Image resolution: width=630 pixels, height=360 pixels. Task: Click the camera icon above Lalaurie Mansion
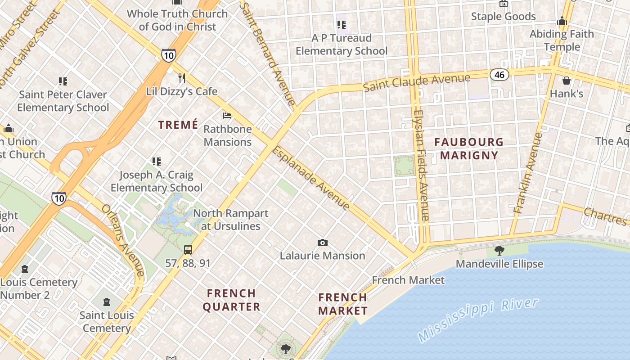[x=322, y=243]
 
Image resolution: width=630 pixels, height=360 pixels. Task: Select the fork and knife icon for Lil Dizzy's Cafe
[x=182, y=78]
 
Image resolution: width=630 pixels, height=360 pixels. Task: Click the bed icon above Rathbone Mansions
[x=227, y=116]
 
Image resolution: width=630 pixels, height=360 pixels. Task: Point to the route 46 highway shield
[x=499, y=74]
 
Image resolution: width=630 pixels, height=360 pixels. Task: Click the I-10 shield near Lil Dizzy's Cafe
[x=168, y=55]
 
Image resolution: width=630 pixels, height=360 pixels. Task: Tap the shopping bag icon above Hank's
[x=566, y=81]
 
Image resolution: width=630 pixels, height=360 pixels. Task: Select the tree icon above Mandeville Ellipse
[x=499, y=251]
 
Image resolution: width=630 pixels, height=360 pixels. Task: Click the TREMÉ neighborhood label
[x=178, y=125]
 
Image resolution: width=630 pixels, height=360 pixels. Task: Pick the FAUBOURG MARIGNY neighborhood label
[x=469, y=148]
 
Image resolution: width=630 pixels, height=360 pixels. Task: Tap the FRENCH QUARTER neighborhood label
[x=232, y=300]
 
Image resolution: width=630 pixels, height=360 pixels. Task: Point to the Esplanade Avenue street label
[x=310, y=178]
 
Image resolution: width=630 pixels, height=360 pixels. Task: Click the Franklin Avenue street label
[x=526, y=173]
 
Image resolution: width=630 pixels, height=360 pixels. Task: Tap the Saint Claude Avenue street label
[x=416, y=82]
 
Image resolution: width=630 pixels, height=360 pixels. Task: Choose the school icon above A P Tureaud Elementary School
[x=341, y=25]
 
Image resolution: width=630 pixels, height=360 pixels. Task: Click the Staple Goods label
[x=503, y=17]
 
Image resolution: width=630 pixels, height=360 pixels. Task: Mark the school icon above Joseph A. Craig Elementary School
[x=156, y=162]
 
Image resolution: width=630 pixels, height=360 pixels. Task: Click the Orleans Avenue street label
[x=123, y=240]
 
